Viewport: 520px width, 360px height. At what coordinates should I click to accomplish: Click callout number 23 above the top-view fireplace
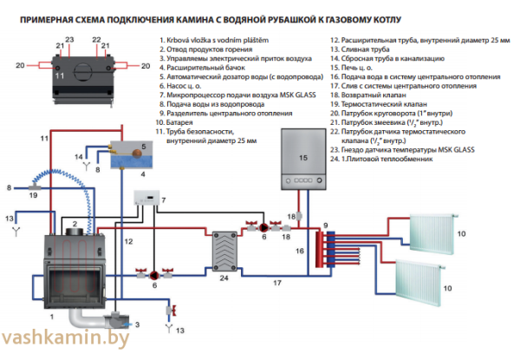click(70, 39)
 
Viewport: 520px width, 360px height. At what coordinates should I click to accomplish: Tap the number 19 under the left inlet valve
click(35, 198)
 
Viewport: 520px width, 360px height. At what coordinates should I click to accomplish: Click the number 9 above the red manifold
click(326, 226)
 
